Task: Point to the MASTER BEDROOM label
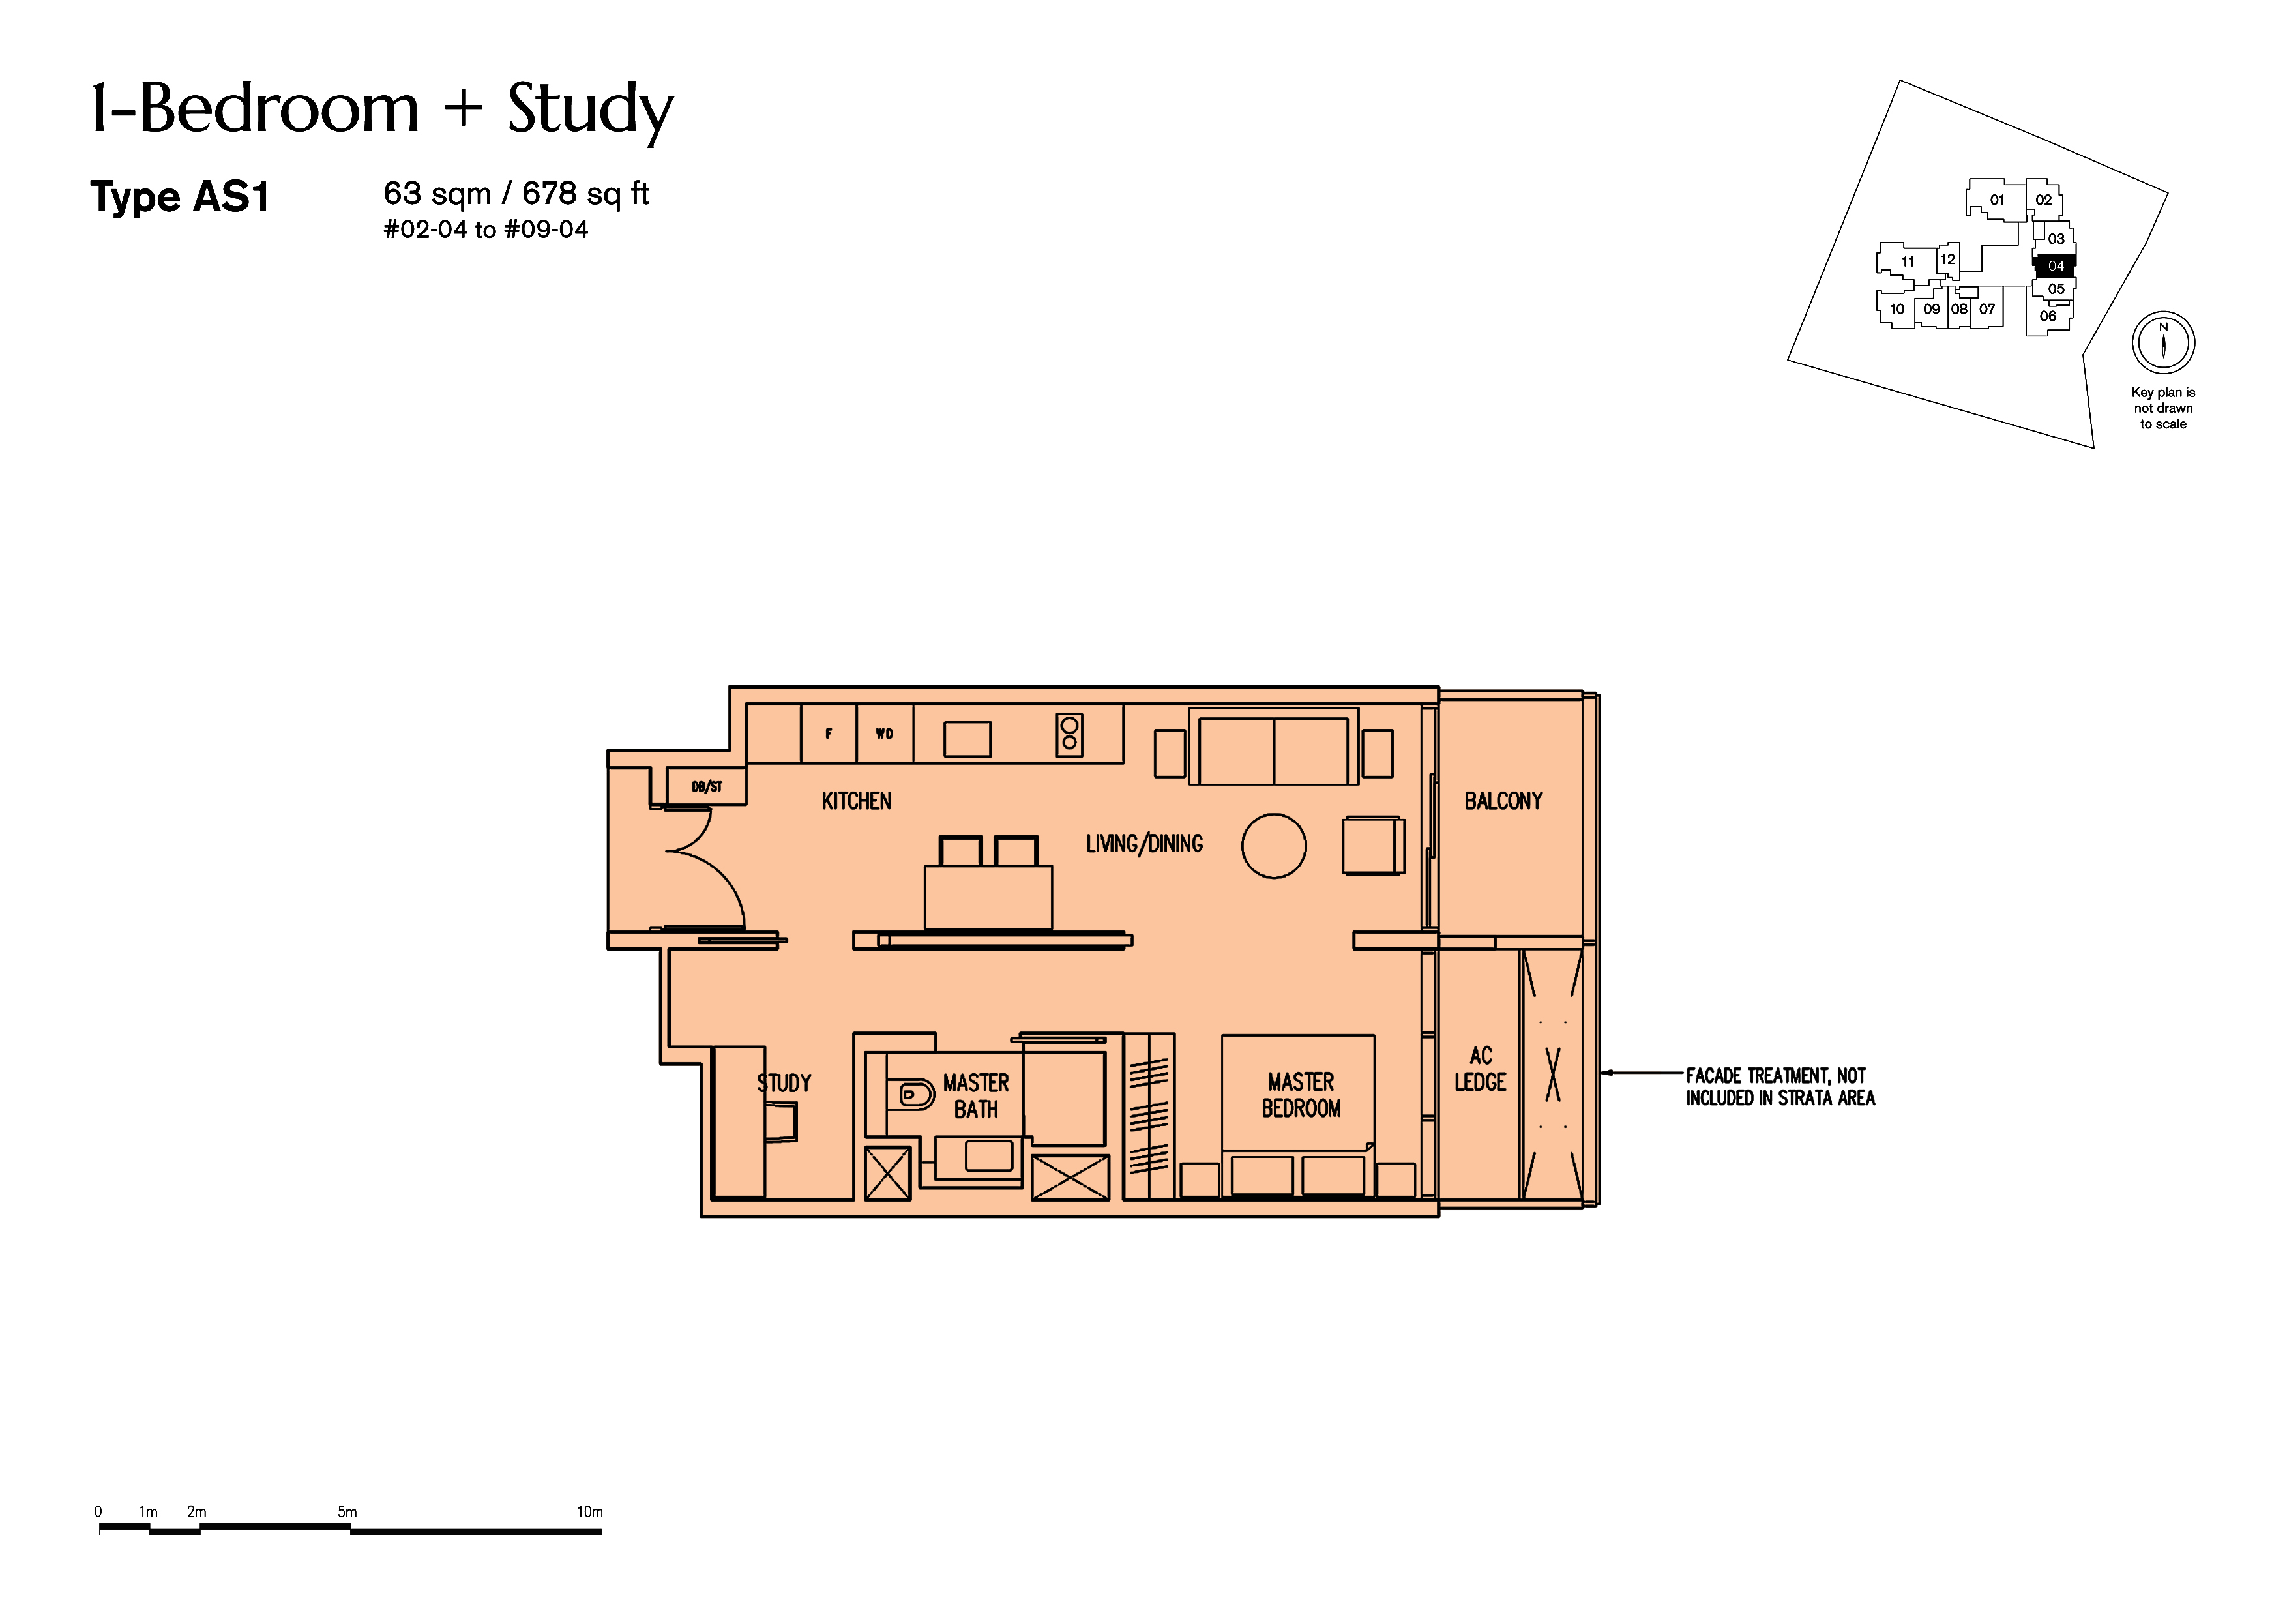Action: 1301,1095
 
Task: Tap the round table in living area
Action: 1273,846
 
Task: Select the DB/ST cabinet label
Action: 706,787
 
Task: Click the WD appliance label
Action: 885,734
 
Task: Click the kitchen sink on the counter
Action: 967,739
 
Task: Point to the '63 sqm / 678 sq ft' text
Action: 516,192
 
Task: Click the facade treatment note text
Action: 1780,1087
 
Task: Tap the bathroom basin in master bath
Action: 988,1156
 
